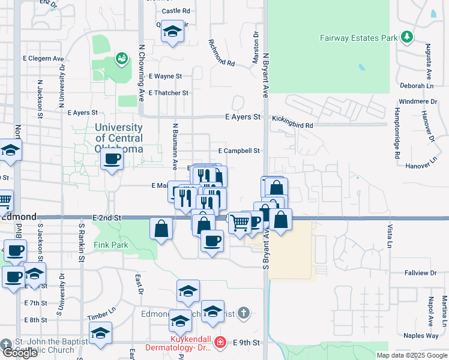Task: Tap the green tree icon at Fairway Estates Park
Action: coord(408,37)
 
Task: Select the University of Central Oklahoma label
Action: coord(119,137)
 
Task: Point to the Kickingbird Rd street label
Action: coord(292,125)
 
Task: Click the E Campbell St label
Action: coord(239,151)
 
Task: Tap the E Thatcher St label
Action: coord(168,93)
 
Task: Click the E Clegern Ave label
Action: coord(43,59)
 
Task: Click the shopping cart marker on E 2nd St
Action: coord(240,223)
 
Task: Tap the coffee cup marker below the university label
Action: coord(112,160)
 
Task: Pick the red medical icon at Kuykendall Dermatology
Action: coord(220,343)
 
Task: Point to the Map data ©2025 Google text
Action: coord(412,355)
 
